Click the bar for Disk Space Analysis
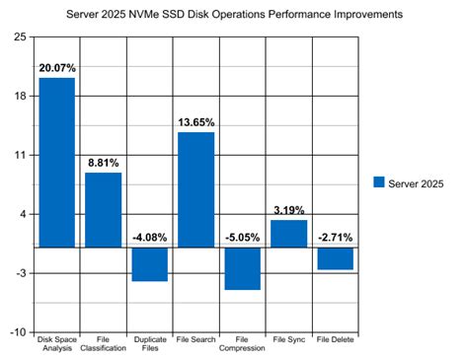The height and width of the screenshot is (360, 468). pos(57,162)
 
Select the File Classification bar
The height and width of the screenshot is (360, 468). pos(103,209)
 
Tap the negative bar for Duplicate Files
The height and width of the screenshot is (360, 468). pos(149,263)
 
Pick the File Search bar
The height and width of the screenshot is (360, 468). pos(195,189)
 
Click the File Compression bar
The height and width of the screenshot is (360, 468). pos(242,267)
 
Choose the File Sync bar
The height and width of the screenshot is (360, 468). pos(288,234)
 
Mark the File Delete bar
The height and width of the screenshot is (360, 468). pos(335,257)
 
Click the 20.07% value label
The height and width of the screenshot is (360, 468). pos(57,68)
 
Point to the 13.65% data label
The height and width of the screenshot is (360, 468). pos(195,122)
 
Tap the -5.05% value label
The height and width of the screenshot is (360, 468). pos(242,238)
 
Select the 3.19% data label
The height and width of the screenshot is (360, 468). pos(288,210)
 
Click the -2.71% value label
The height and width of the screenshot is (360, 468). pos(335,238)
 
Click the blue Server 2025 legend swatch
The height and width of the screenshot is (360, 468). pos(379,183)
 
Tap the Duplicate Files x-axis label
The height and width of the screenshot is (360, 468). pos(149,344)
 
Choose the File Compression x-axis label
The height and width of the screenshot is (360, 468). pos(242,344)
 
